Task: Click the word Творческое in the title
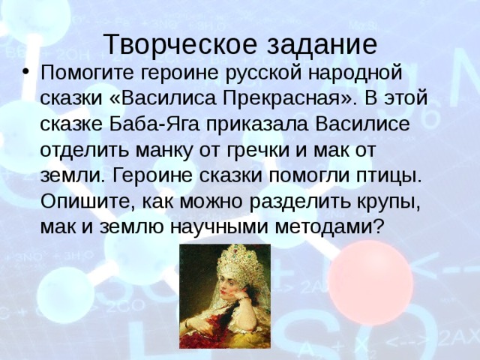tap(180, 44)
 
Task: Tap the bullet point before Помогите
tap(26, 73)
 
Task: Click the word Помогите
tap(87, 73)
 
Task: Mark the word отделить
tap(84, 151)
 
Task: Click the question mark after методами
tap(378, 226)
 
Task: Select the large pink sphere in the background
tap(370, 282)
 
